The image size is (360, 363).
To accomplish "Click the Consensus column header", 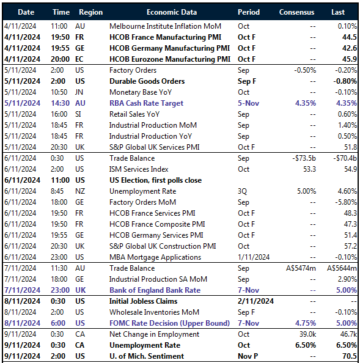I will coord(296,12).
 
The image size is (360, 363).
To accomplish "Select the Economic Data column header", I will coord(171,12).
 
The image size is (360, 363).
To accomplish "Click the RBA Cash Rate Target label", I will coord(146,103).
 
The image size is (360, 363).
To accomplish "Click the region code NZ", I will coord(81,191).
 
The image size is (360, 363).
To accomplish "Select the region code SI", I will coord(79,114).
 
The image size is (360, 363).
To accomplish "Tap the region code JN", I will coord(80,92).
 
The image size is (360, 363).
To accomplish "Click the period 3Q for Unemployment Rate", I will coord(243,191).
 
